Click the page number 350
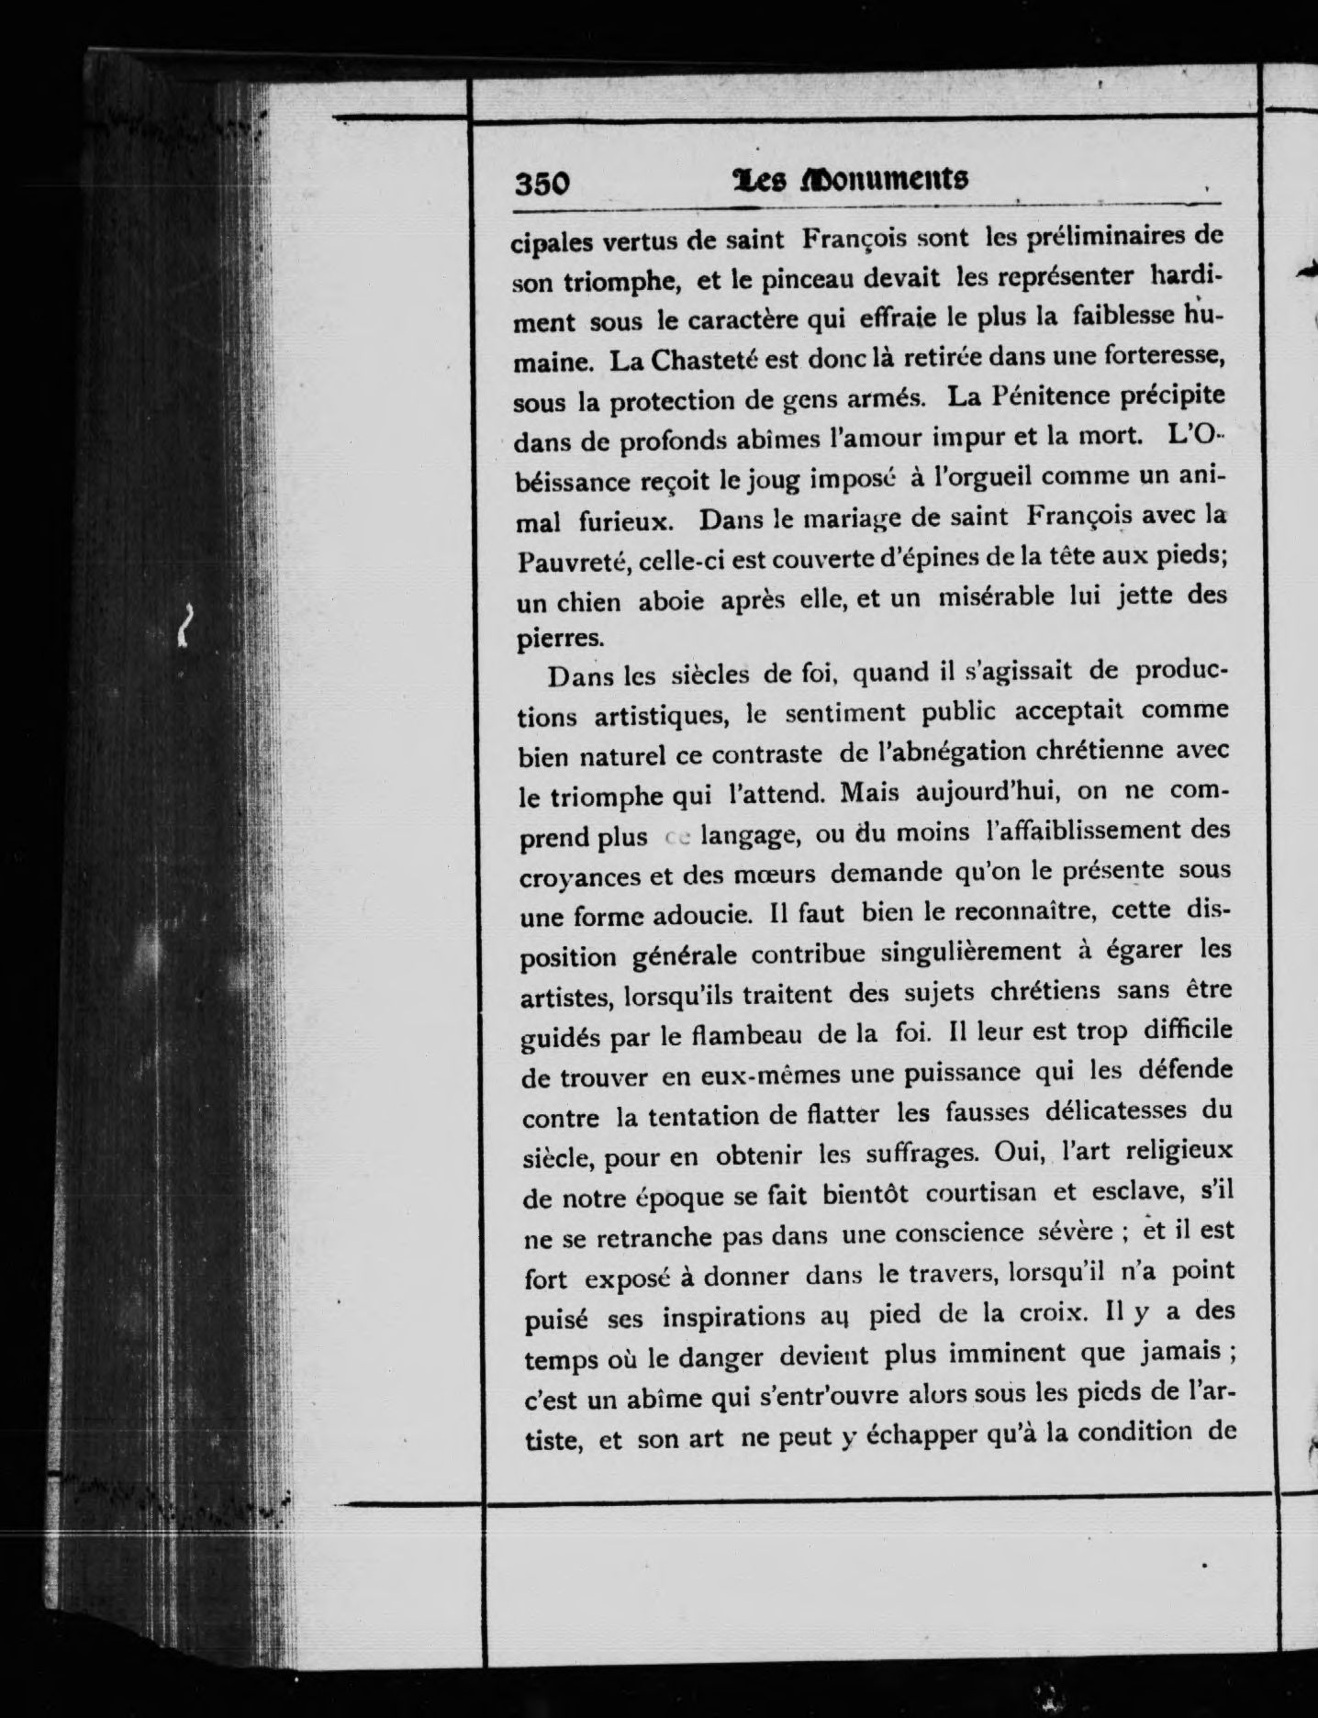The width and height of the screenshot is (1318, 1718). [x=542, y=184]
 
